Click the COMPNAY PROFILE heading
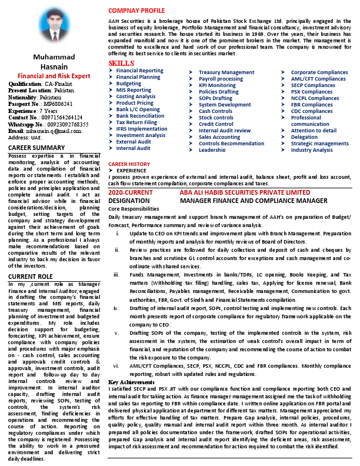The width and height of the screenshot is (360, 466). coord(136,11)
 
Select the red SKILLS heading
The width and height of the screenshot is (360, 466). coord(121,64)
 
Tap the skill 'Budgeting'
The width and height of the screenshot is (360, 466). coord(128,84)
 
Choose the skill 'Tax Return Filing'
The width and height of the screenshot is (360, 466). coord(136,122)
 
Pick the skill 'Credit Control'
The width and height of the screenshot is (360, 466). coord(216,124)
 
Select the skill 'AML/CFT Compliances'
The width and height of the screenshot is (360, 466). coord(318,79)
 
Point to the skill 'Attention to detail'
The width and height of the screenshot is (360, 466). coord(314,131)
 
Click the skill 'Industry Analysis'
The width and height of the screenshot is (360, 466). coord(312,150)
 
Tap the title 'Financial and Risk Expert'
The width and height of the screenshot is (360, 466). coord(54,76)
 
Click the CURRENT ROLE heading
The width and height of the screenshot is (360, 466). coord(31,277)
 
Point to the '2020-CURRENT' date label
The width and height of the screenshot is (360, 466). coord(131,192)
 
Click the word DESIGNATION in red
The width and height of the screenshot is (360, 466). coord(133,201)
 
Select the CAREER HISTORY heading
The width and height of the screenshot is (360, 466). coord(129,164)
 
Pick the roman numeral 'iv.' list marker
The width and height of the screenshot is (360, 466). coord(116,308)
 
